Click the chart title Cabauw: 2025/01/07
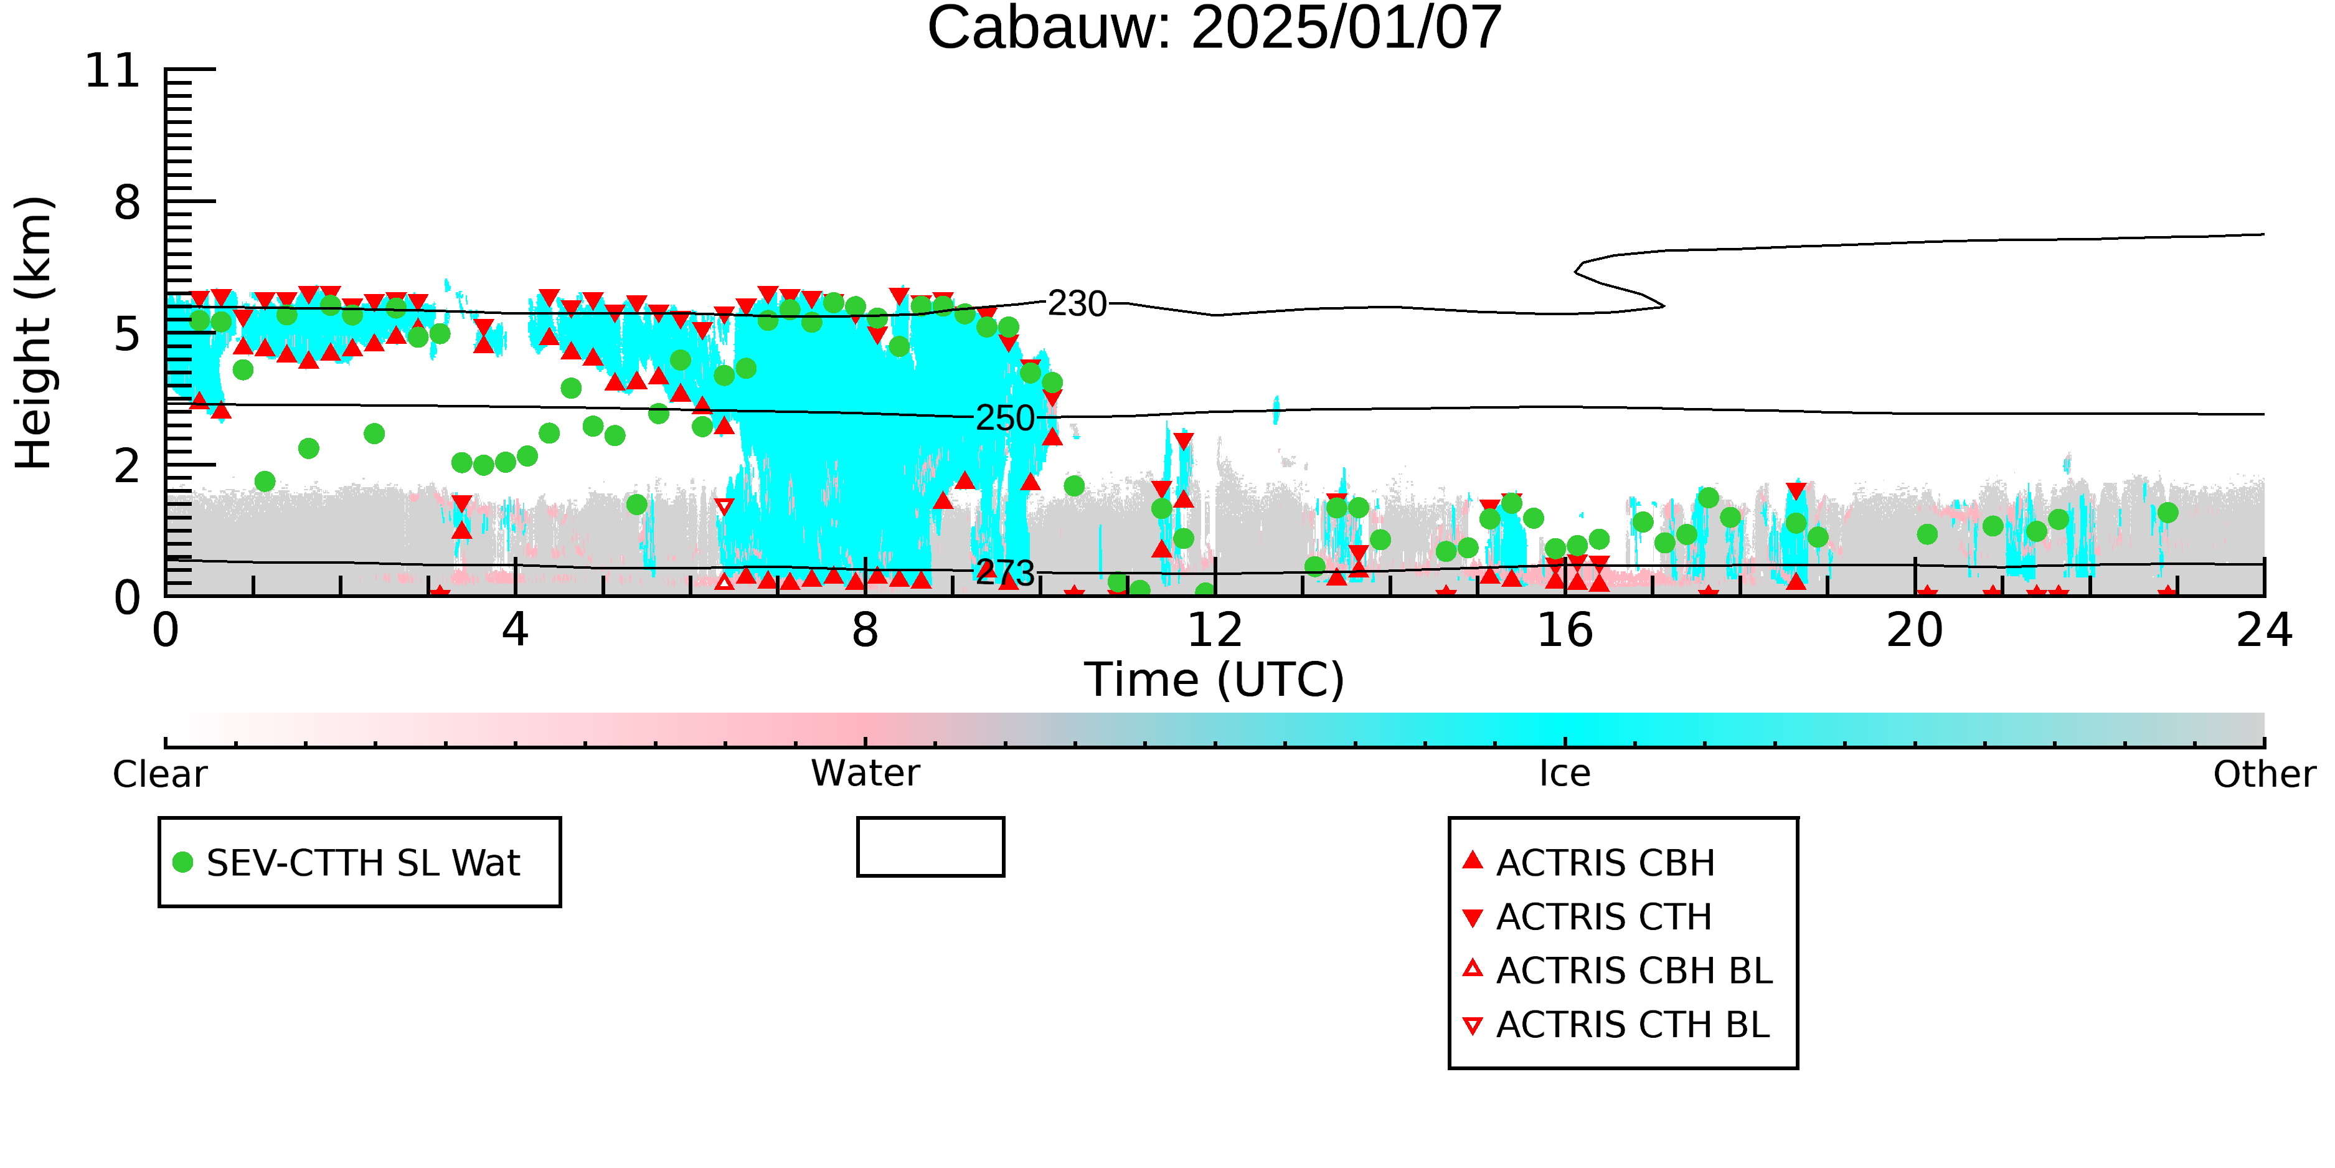pos(1214,27)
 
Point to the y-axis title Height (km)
pos(34,333)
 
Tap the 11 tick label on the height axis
pos(113,71)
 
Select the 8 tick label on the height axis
pos(128,202)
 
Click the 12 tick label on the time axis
pos(1215,630)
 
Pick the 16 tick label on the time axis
pos(1565,630)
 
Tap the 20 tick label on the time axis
pos(1915,630)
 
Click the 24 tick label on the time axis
pos(2264,630)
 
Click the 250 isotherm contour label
pos(1004,418)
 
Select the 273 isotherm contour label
pos(1004,573)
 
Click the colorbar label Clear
pos(159,774)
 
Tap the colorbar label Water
pos(866,774)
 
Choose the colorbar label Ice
pos(1565,774)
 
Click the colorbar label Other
pos(2264,774)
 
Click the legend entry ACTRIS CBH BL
pos(1618,971)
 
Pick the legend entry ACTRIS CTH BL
pos(1616,1025)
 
